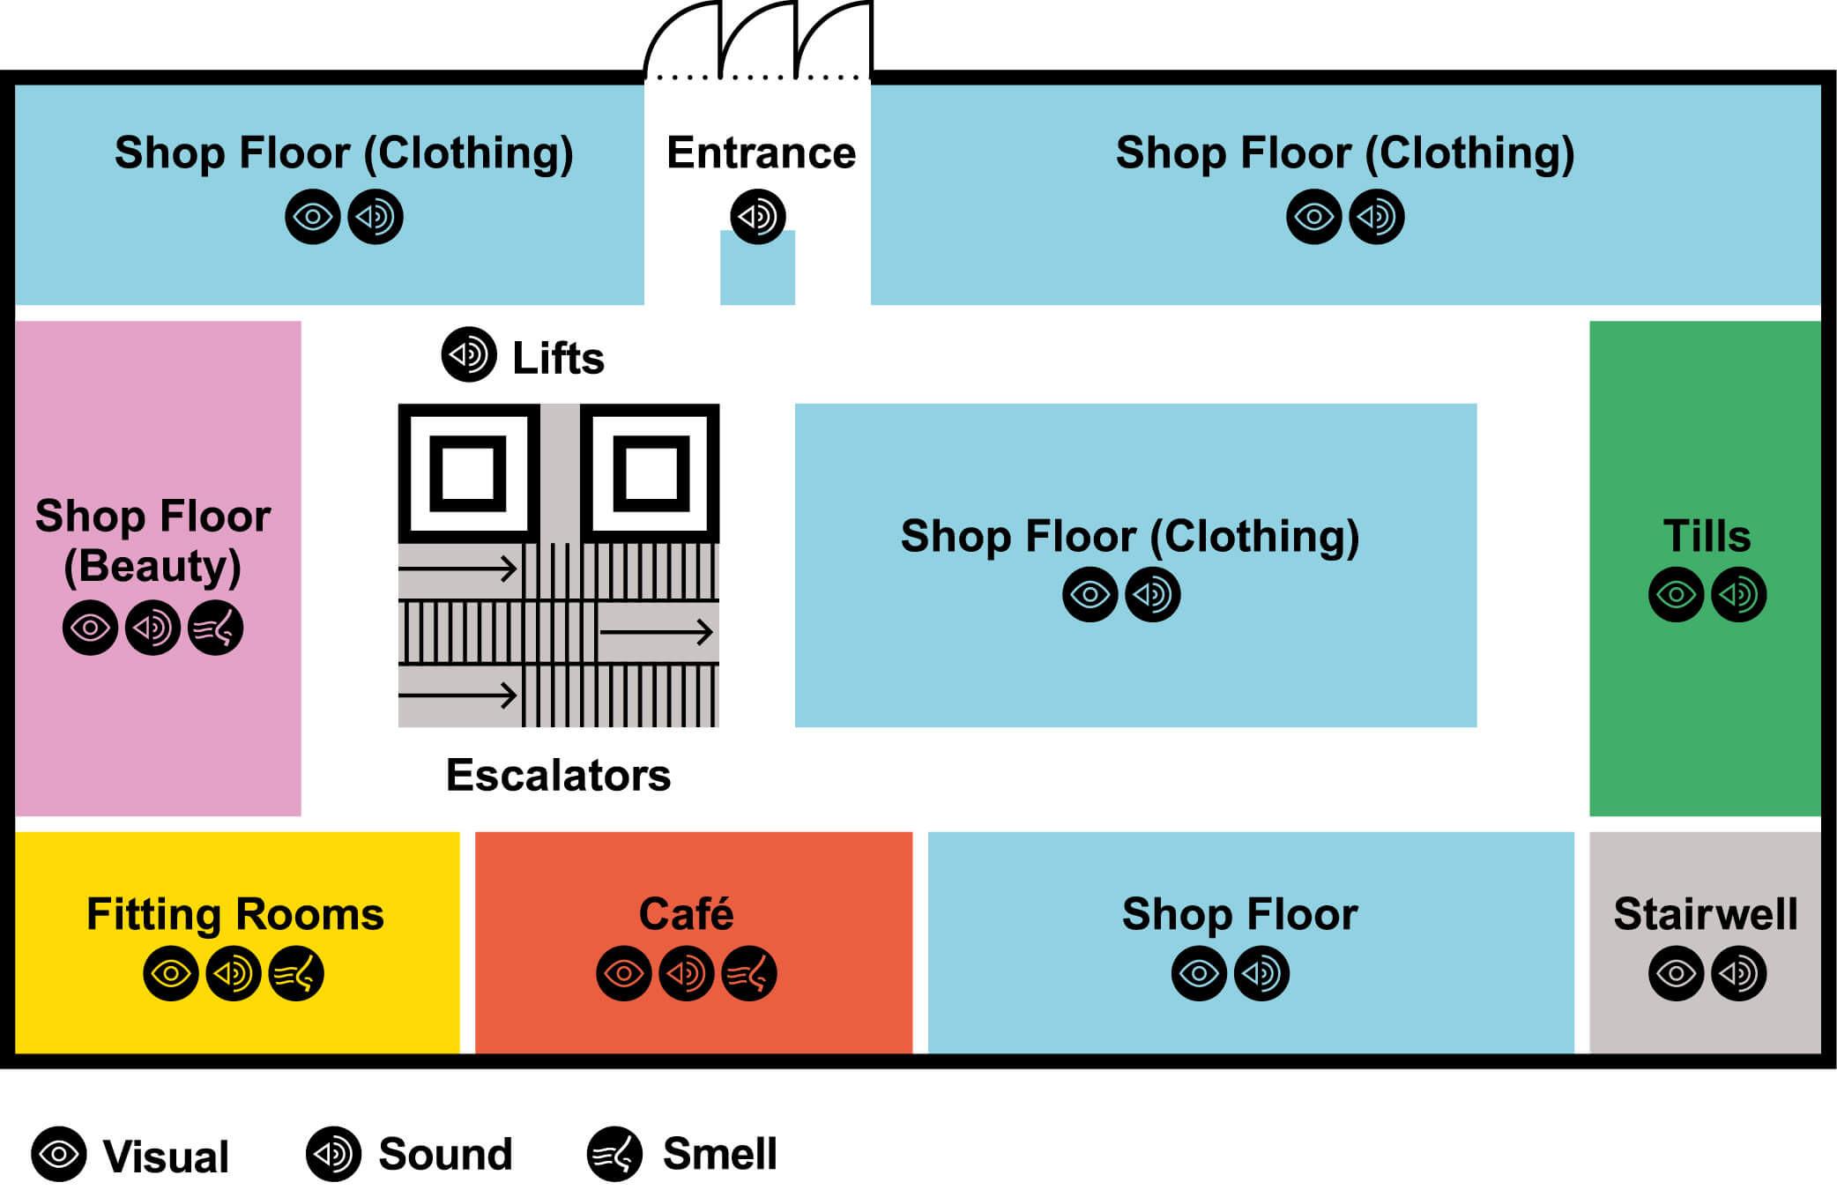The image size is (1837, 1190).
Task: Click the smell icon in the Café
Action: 748,974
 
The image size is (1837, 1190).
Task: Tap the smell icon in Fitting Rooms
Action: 296,974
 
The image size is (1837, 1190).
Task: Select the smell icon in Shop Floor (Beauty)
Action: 215,628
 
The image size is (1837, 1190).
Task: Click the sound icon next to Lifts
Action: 468,354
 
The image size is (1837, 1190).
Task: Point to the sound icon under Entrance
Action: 758,217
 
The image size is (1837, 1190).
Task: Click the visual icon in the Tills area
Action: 1676,595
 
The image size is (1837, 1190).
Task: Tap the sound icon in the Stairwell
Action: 1738,974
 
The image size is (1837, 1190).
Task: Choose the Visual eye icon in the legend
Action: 59,1154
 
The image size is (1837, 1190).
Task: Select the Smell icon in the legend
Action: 614,1154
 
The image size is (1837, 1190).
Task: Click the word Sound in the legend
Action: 445,1154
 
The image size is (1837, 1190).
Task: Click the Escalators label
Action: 558,776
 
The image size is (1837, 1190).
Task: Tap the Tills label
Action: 1707,536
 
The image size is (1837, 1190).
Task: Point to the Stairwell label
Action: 1705,914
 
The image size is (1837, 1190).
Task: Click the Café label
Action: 686,914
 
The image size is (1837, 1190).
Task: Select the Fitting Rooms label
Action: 235,914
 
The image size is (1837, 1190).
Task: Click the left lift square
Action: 468,473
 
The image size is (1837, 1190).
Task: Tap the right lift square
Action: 651,473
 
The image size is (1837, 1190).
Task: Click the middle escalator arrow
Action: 656,632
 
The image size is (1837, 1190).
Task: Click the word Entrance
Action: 761,152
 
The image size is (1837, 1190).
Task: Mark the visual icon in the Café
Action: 624,974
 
